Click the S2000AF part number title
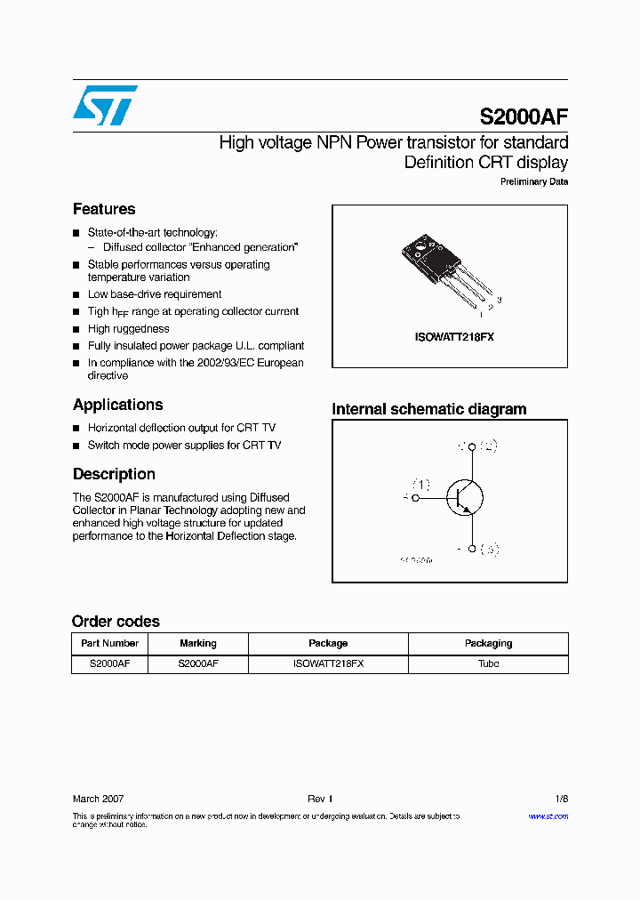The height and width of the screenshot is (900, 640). tap(524, 117)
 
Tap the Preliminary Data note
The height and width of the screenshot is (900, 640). tap(533, 182)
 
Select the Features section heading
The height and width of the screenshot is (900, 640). tap(104, 209)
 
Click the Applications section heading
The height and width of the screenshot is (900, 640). tap(117, 405)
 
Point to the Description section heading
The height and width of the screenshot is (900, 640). tap(114, 474)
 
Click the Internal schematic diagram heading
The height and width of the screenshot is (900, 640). tap(429, 409)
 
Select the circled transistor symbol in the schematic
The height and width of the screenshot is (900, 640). tap(463, 498)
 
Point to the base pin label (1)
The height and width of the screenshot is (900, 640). tap(420, 485)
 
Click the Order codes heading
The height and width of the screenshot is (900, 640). tap(116, 622)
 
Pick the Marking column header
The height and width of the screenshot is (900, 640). tap(197, 643)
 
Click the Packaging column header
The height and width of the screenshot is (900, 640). tap(488, 643)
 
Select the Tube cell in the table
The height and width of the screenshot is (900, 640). tap(488, 663)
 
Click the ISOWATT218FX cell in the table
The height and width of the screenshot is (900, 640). tap(328, 663)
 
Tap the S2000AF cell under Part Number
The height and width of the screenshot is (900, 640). tap(109, 663)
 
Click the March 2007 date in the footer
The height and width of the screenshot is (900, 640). tap(98, 799)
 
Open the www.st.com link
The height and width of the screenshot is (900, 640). tap(548, 816)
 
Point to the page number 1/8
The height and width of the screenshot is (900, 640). tap(560, 799)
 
